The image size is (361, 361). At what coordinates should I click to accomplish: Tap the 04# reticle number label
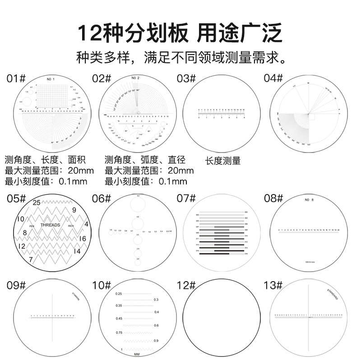click(273, 79)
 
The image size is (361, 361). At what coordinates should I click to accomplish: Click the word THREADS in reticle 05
click(51, 224)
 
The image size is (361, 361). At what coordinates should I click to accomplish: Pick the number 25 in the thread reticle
click(37, 203)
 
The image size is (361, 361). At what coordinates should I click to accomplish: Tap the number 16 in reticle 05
click(82, 238)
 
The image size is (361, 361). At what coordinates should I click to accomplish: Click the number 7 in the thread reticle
click(30, 259)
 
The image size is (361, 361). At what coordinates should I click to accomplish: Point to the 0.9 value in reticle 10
click(156, 340)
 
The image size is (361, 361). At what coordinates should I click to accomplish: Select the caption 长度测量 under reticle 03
click(222, 161)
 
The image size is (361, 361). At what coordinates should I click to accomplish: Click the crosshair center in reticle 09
click(54, 316)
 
